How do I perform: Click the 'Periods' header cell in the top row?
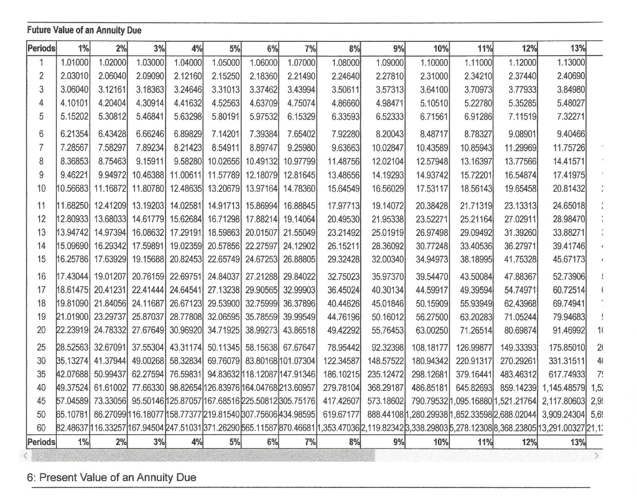[42, 48]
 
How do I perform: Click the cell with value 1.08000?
[346, 62]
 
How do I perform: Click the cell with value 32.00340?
[389, 239]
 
